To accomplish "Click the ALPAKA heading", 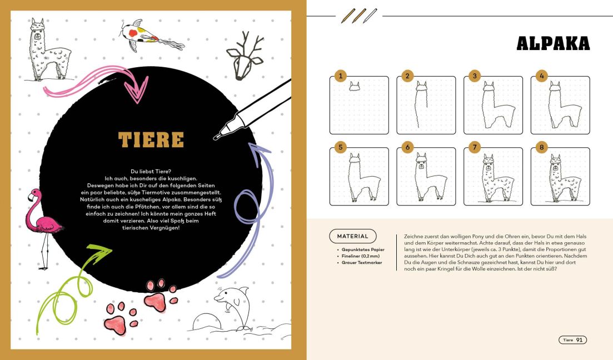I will (552, 43).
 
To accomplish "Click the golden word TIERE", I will (151, 139).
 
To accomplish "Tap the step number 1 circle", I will (340, 76).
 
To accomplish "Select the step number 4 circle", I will (541, 76).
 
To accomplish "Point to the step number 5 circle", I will (340, 148).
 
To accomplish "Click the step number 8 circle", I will (541, 148).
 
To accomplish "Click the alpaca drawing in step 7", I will (492, 178).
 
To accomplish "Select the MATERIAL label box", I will (352, 236).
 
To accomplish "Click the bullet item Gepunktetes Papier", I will (362, 250).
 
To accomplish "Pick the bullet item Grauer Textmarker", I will (361, 262).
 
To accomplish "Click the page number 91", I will (580, 340).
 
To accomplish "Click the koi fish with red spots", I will (138, 34).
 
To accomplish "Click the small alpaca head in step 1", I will (355, 86).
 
